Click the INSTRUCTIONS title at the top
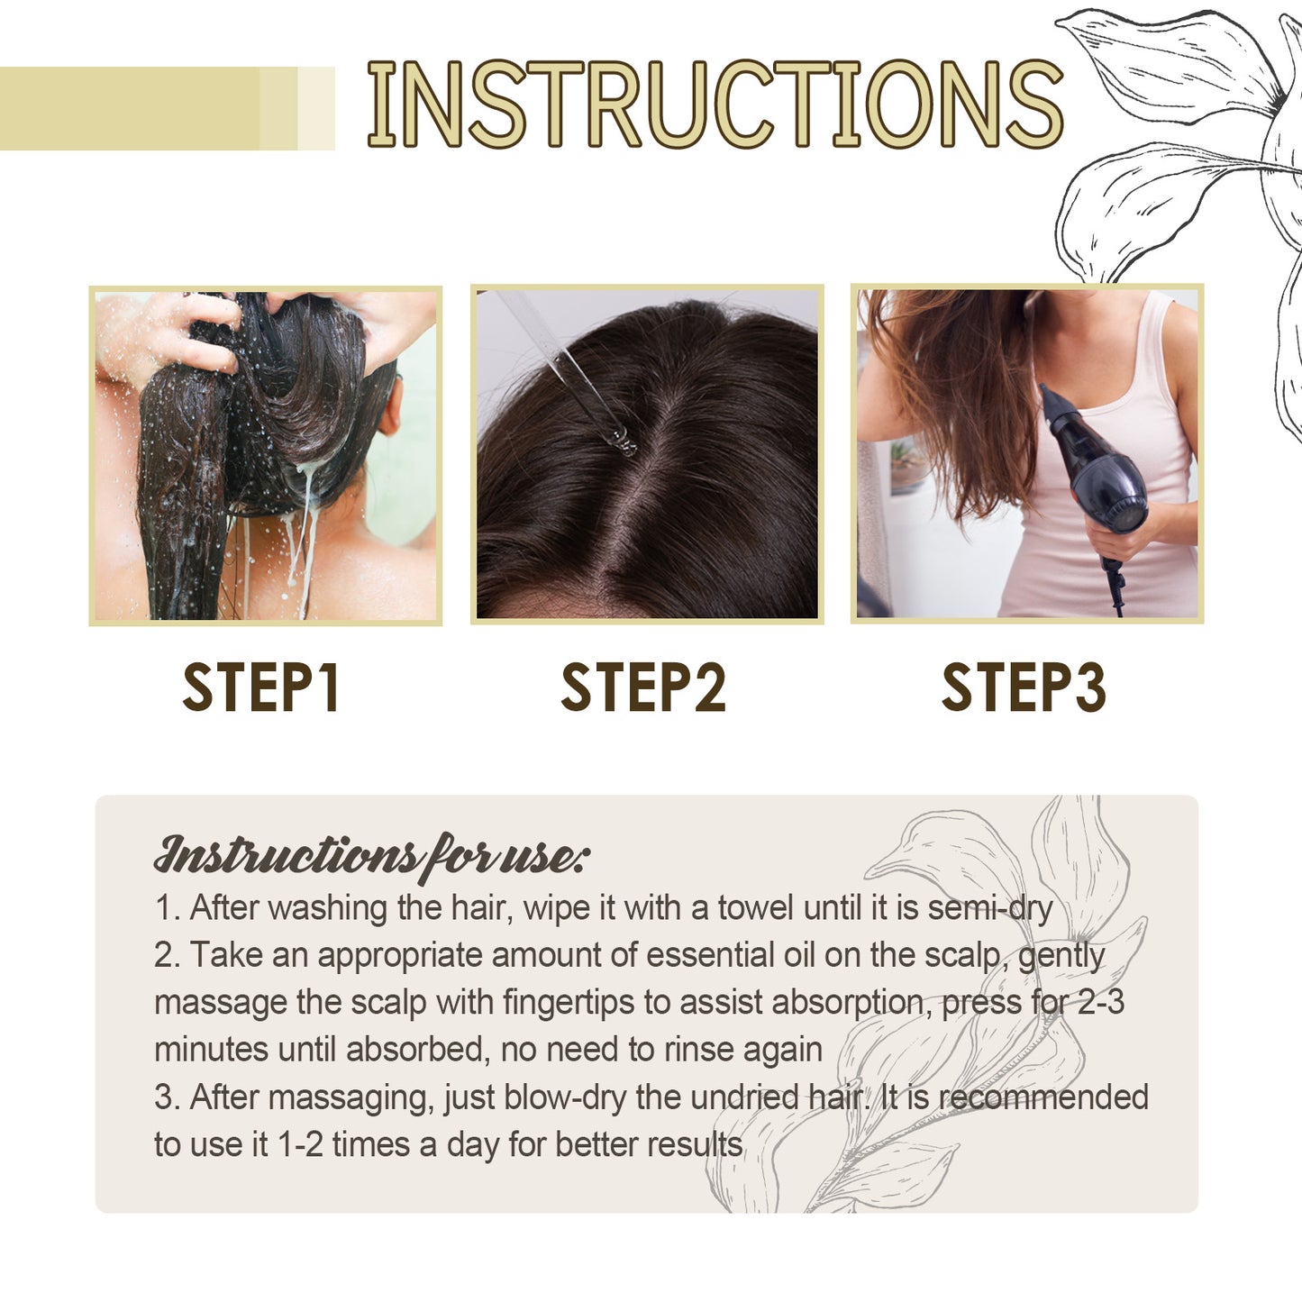coord(715,105)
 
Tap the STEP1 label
coord(261,688)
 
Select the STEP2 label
coord(643,688)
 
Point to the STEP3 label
coord(1024,688)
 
